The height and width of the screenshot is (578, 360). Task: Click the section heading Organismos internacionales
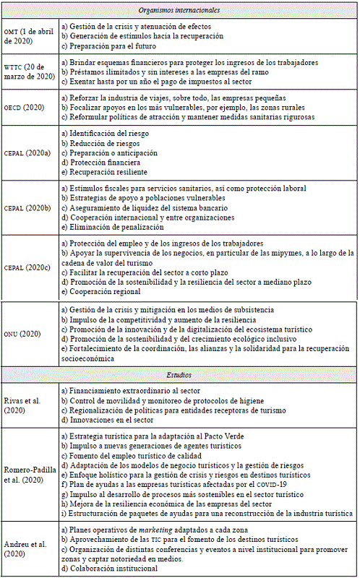point(180,10)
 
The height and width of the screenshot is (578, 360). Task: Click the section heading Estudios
point(180,376)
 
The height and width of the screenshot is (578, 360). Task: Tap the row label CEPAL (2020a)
point(28,153)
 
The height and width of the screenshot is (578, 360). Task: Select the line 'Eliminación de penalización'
point(116,228)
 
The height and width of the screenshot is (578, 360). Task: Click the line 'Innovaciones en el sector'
point(112,420)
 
